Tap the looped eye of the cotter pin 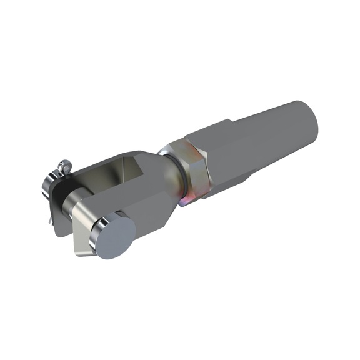click(64, 166)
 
